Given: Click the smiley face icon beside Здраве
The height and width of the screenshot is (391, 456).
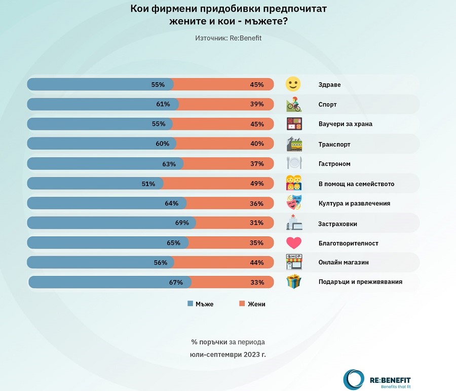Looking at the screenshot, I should click(293, 84).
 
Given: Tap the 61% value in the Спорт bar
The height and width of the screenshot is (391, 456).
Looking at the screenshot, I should click(163, 104).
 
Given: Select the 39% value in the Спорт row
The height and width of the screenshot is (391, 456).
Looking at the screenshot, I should click(257, 104).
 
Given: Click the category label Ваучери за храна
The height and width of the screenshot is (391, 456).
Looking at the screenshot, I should click(341, 124).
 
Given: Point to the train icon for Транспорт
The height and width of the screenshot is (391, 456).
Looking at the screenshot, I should click(294, 144).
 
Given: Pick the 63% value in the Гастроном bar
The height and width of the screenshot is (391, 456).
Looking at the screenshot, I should click(169, 164).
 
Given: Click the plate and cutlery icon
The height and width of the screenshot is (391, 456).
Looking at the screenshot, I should click(294, 163).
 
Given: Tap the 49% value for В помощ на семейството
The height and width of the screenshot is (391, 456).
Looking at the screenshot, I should click(257, 184).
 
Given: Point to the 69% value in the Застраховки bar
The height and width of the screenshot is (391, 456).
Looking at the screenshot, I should click(182, 223).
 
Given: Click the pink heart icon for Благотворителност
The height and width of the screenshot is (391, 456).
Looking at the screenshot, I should click(294, 242).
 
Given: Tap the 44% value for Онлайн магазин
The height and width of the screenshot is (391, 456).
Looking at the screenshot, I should click(257, 263).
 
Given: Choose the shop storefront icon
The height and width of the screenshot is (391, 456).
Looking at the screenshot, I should click(294, 262).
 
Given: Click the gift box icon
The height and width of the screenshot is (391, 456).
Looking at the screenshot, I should click(294, 281).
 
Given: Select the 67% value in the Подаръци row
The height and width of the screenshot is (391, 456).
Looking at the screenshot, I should click(176, 282).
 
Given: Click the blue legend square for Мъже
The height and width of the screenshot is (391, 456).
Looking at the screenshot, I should click(190, 304).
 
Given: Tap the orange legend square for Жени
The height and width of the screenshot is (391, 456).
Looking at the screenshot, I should click(242, 304).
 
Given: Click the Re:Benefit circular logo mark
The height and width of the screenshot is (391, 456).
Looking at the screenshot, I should click(353, 379).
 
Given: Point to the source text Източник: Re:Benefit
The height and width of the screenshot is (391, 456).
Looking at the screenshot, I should click(228, 38).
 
